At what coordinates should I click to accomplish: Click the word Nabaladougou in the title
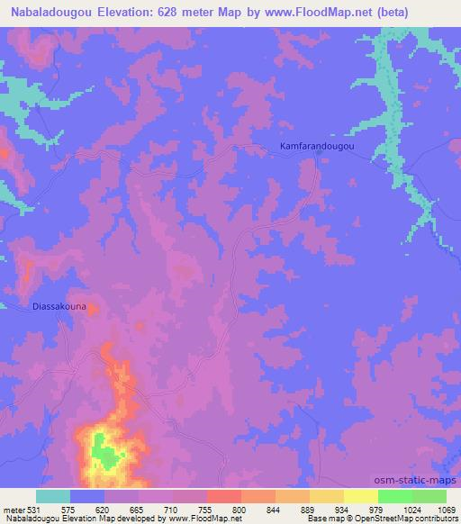56,12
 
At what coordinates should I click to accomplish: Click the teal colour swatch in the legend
53,495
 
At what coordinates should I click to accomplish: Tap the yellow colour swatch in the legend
361,495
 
